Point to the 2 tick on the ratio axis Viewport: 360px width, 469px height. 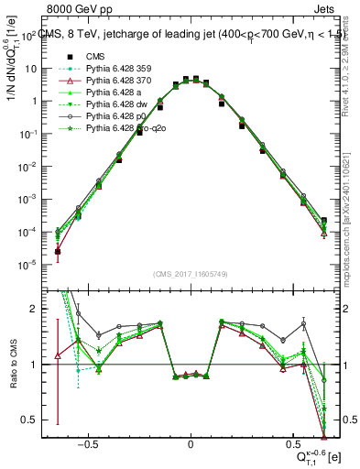32,309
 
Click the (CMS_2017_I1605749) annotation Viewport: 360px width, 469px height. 191,274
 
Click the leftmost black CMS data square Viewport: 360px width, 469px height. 58,251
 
